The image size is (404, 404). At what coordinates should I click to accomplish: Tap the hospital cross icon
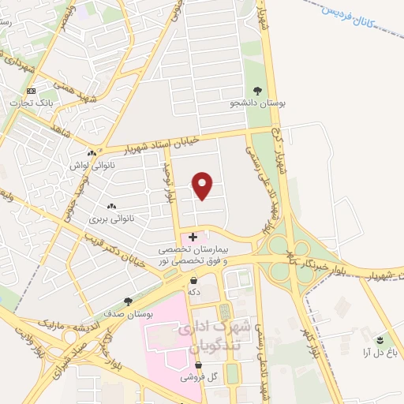coord(193,237)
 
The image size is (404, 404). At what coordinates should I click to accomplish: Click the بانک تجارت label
coord(31,103)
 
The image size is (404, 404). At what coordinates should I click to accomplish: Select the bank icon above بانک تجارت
coord(31,92)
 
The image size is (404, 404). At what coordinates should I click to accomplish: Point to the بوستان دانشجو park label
coord(258,103)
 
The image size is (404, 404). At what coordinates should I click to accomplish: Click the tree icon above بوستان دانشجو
coord(258,91)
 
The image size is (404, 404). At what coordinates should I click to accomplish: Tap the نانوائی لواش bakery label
coord(92,165)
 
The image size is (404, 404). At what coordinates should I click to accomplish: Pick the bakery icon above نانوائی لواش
coord(92,153)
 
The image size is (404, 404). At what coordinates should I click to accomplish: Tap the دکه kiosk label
coord(193,291)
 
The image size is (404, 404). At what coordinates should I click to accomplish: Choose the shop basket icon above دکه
coord(193,279)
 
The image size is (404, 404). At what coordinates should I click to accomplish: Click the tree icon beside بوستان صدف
coord(129,301)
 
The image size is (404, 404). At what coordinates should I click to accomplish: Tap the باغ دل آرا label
coord(379,352)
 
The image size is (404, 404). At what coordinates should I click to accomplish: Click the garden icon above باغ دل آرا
coord(380,340)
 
